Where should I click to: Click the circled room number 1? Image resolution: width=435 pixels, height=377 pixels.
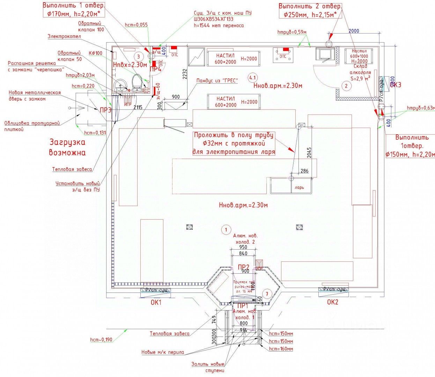226,229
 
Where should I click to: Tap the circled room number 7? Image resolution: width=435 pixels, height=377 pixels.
267,294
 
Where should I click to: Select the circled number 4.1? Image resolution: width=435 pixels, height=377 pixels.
252,77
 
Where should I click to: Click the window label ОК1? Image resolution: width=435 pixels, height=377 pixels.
156,302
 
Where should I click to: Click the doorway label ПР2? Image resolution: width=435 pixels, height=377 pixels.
243,267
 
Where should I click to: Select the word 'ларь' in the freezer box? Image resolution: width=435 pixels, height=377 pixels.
299,187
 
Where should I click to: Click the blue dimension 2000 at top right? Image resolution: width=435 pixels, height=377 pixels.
354,31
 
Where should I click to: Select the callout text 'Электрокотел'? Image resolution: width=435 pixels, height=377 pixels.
64,36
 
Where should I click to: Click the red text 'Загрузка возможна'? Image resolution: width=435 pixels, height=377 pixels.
67,147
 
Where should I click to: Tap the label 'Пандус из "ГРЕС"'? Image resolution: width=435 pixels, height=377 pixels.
217,81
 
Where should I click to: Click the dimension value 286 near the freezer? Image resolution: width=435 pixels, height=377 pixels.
304,171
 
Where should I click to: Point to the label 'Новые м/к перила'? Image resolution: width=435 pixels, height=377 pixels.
162,352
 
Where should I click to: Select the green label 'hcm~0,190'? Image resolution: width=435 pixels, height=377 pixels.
101,339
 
